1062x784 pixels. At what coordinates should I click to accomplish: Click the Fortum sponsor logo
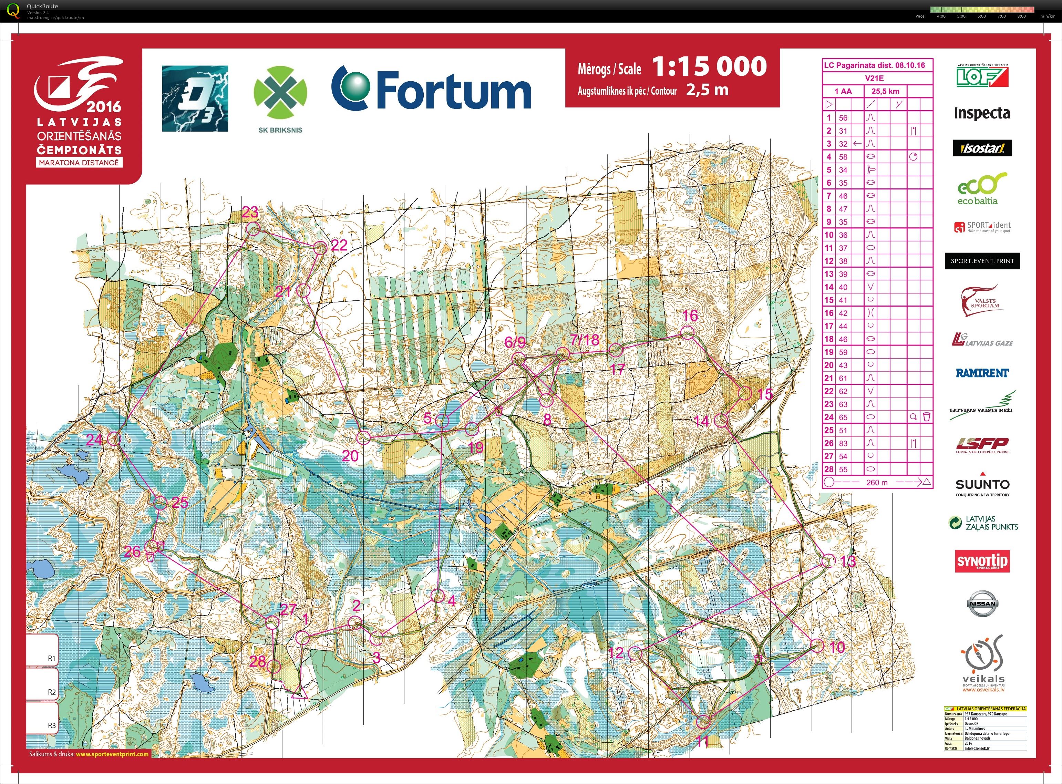coord(431,88)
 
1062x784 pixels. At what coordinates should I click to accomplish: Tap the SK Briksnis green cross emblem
coord(280,93)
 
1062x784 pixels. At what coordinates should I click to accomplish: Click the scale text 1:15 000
coord(709,66)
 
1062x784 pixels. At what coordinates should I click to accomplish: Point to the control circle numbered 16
coord(687,333)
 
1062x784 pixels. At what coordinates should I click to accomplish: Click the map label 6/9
coord(515,342)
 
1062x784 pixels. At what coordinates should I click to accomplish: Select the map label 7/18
coord(584,340)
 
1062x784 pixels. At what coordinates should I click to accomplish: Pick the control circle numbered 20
coord(363,437)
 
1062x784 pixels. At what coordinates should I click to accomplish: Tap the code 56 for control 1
coord(843,118)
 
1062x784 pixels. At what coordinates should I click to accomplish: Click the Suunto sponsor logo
coord(982,485)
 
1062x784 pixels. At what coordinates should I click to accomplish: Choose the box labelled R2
coord(43,684)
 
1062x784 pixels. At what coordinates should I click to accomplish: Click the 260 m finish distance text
coord(876,482)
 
